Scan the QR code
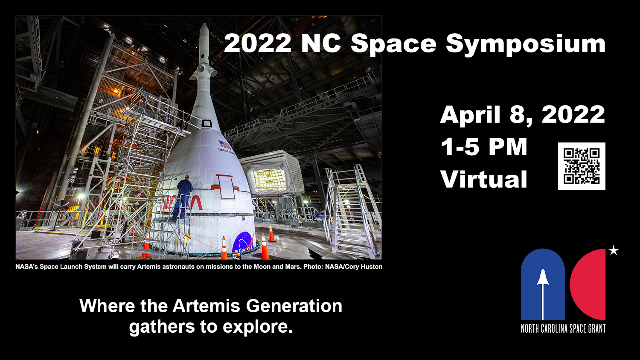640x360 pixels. pos(582,166)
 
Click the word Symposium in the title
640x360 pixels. pos(526,44)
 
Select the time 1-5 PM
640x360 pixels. pos(484,147)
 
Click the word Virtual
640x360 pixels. pos(484,179)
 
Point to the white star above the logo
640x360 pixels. pos(613,250)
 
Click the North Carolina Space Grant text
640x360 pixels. pos(563,328)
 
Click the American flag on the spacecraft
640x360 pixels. pos(224,144)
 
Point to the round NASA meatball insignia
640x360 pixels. pos(243,242)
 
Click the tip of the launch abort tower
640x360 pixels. pos(204,24)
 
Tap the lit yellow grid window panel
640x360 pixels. pos(269,178)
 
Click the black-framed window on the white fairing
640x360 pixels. pos(207,123)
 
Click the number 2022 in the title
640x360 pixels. pos(257,43)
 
